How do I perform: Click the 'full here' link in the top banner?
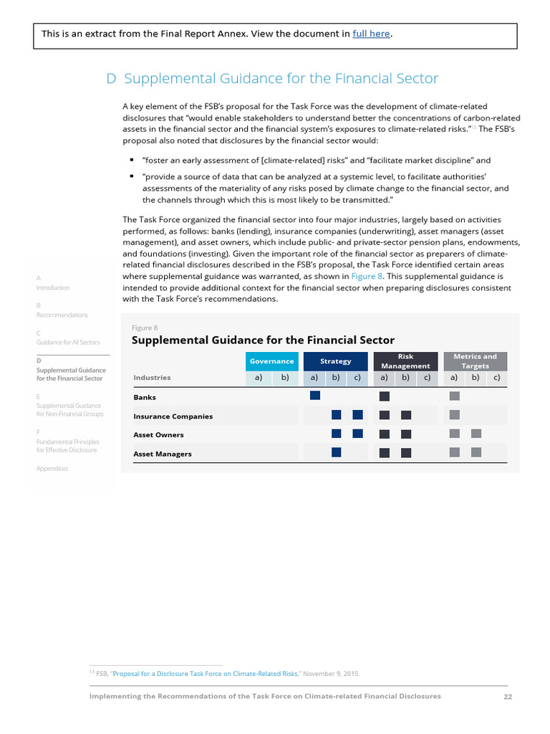tap(372, 34)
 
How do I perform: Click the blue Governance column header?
tap(271, 361)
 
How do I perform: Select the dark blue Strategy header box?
tap(335, 361)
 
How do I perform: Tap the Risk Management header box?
tap(405, 361)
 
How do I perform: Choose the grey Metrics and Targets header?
tap(475, 361)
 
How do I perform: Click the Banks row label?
tap(145, 397)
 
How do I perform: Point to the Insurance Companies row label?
tap(173, 416)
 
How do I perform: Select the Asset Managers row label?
tap(162, 454)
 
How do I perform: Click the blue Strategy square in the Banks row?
tap(314, 396)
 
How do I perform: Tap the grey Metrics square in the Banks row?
tap(454, 396)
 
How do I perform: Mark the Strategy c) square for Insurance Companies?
tap(358, 414)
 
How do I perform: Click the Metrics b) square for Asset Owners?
tap(476, 434)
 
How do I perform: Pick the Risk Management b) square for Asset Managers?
tap(406, 452)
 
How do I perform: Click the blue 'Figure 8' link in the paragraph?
tap(367, 276)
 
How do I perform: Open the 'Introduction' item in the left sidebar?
tap(53, 287)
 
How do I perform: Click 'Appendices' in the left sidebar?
tap(52, 469)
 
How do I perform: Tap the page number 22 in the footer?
tap(508, 696)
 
